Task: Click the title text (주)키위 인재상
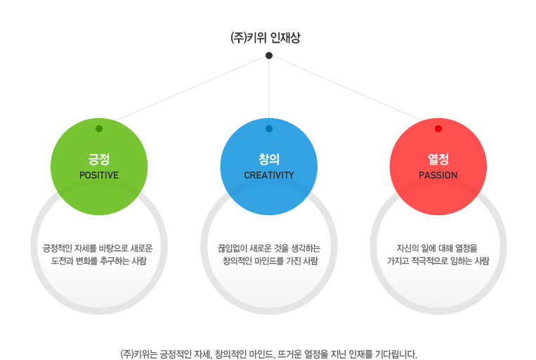click(x=266, y=38)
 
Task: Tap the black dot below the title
click(x=269, y=56)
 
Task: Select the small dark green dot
click(x=99, y=129)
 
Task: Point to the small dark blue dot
click(x=269, y=129)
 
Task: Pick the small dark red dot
click(x=438, y=129)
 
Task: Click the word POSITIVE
click(x=99, y=175)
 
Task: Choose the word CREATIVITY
click(x=269, y=175)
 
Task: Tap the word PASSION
click(x=438, y=175)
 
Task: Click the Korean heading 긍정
click(x=99, y=159)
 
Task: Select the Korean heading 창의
click(x=269, y=159)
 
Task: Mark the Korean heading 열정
click(x=438, y=159)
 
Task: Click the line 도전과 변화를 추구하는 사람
click(x=99, y=261)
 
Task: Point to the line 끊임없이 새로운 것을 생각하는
click(x=269, y=248)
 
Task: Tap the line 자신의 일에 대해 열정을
click(x=437, y=248)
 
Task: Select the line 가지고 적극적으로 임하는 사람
click(x=438, y=261)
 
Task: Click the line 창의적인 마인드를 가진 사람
click(x=270, y=261)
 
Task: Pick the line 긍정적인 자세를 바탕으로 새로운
click(x=98, y=248)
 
